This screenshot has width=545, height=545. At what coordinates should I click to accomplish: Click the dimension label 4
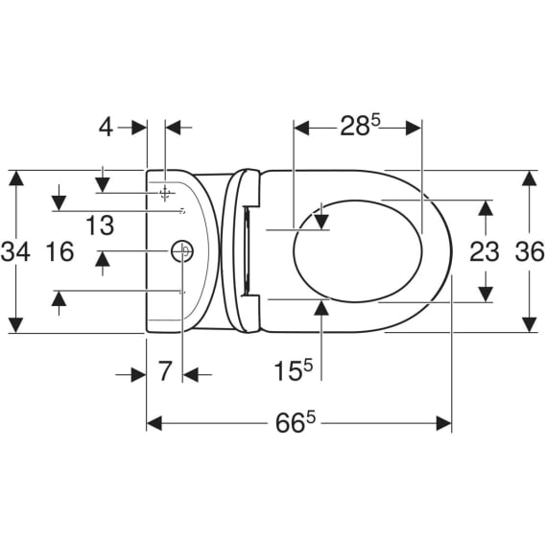pyautogui.click(x=106, y=128)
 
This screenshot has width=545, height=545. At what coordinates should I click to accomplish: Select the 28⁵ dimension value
pyautogui.click(x=361, y=126)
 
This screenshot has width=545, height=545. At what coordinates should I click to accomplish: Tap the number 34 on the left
pyautogui.click(x=15, y=251)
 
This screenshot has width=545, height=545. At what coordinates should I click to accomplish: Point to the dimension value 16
pyautogui.click(x=59, y=251)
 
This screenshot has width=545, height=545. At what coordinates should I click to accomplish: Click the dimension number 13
pyautogui.click(x=100, y=225)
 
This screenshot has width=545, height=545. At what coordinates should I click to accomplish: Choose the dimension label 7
pyautogui.click(x=165, y=371)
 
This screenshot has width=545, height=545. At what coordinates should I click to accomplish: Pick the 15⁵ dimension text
pyautogui.click(x=294, y=370)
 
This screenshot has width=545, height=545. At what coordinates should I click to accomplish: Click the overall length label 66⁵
pyautogui.click(x=296, y=422)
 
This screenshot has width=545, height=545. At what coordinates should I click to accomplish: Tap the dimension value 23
pyautogui.click(x=485, y=251)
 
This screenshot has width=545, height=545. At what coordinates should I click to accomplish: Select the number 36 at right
pyautogui.click(x=530, y=251)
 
